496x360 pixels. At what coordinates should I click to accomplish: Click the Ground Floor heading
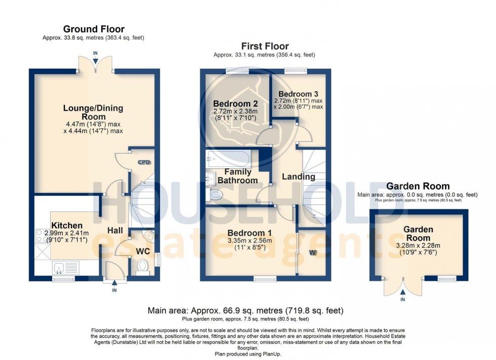pyautogui.click(x=94, y=29)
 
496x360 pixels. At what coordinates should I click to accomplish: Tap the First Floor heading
pyautogui.click(x=265, y=46)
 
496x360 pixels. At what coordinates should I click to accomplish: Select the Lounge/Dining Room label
pyautogui.click(x=93, y=112)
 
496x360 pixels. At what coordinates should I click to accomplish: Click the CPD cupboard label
pyautogui.click(x=144, y=162)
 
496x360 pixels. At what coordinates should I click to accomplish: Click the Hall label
pyautogui.click(x=115, y=231)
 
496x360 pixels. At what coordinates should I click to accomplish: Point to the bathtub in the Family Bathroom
pyautogui.click(x=228, y=159)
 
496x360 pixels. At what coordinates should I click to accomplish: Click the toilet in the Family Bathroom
pyautogui.click(x=214, y=194)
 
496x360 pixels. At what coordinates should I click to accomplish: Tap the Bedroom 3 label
pyautogui.click(x=298, y=94)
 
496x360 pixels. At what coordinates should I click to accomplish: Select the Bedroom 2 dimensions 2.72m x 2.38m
pyautogui.click(x=235, y=111)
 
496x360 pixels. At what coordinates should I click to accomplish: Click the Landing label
pyautogui.click(x=298, y=176)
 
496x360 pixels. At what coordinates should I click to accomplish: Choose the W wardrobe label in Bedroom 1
pyautogui.click(x=313, y=252)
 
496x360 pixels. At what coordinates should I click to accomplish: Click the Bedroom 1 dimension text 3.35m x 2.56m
pyautogui.click(x=250, y=241)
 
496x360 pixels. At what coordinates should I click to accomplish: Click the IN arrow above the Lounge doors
pyautogui.click(x=95, y=57)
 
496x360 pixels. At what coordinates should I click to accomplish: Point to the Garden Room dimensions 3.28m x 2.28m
pyautogui.click(x=418, y=245)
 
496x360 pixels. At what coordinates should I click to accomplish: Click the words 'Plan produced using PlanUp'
pyautogui.click(x=247, y=354)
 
